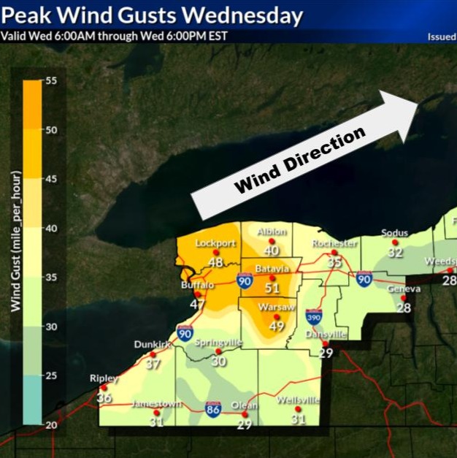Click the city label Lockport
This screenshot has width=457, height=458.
(216, 243)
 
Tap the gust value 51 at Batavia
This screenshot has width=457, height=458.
(272, 289)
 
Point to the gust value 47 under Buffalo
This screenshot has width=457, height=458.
(198, 304)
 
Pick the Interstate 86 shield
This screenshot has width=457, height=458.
(213, 409)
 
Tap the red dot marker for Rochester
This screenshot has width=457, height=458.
(335, 252)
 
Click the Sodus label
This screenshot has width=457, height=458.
(395, 233)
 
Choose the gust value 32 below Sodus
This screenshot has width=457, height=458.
(395, 253)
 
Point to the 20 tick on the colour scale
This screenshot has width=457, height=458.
(52, 424)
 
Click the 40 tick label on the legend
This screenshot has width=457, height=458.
(52, 228)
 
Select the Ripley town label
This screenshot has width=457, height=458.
(104, 378)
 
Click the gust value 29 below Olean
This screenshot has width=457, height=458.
(245, 424)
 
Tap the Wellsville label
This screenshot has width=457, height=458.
(298, 400)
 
